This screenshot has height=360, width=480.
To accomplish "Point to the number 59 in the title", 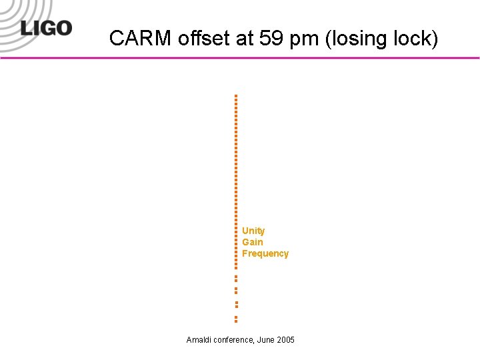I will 271,39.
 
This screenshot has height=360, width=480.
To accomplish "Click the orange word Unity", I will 253,231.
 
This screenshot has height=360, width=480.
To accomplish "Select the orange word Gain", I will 253,242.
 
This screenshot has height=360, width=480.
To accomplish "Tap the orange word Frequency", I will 265,253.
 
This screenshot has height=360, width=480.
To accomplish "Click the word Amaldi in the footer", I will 199,340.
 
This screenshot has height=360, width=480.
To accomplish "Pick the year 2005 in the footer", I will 285,340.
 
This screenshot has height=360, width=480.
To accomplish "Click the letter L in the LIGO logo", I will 27,29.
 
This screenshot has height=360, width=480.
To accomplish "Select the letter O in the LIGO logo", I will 63,29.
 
